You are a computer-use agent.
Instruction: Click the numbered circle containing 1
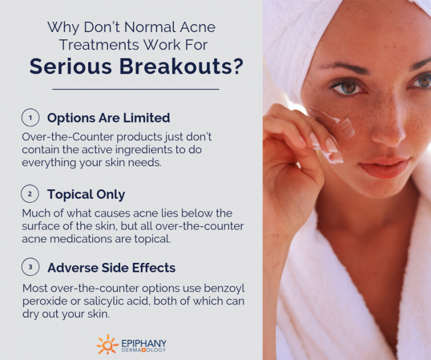click(30, 118)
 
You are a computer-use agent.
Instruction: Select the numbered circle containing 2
click(30, 194)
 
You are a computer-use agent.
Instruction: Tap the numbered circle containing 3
click(30, 268)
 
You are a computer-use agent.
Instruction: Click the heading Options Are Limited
click(108, 118)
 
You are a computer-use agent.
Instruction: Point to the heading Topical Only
click(86, 194)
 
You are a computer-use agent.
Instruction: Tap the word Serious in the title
click(70, 66)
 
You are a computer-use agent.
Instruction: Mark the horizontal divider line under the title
click(135, 89)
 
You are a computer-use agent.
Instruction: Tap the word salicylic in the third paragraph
click(106, 301)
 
